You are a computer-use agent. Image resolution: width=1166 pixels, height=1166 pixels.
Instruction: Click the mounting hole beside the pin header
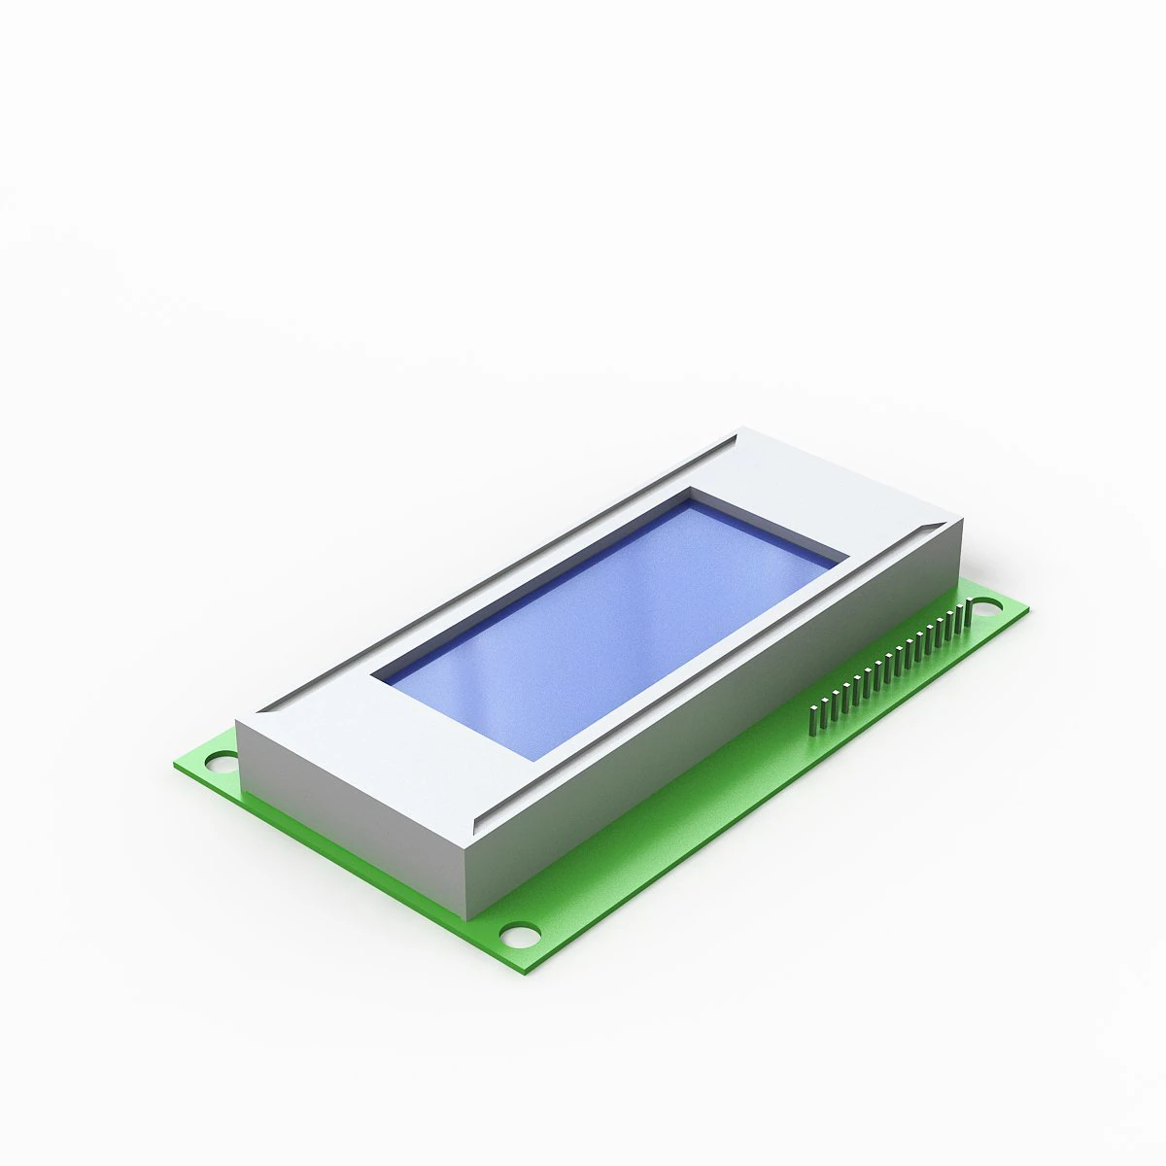pos(985,609)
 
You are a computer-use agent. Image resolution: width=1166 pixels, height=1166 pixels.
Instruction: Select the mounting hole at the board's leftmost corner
pos(221,759)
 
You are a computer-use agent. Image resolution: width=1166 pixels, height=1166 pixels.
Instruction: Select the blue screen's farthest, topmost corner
pos(692,500)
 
